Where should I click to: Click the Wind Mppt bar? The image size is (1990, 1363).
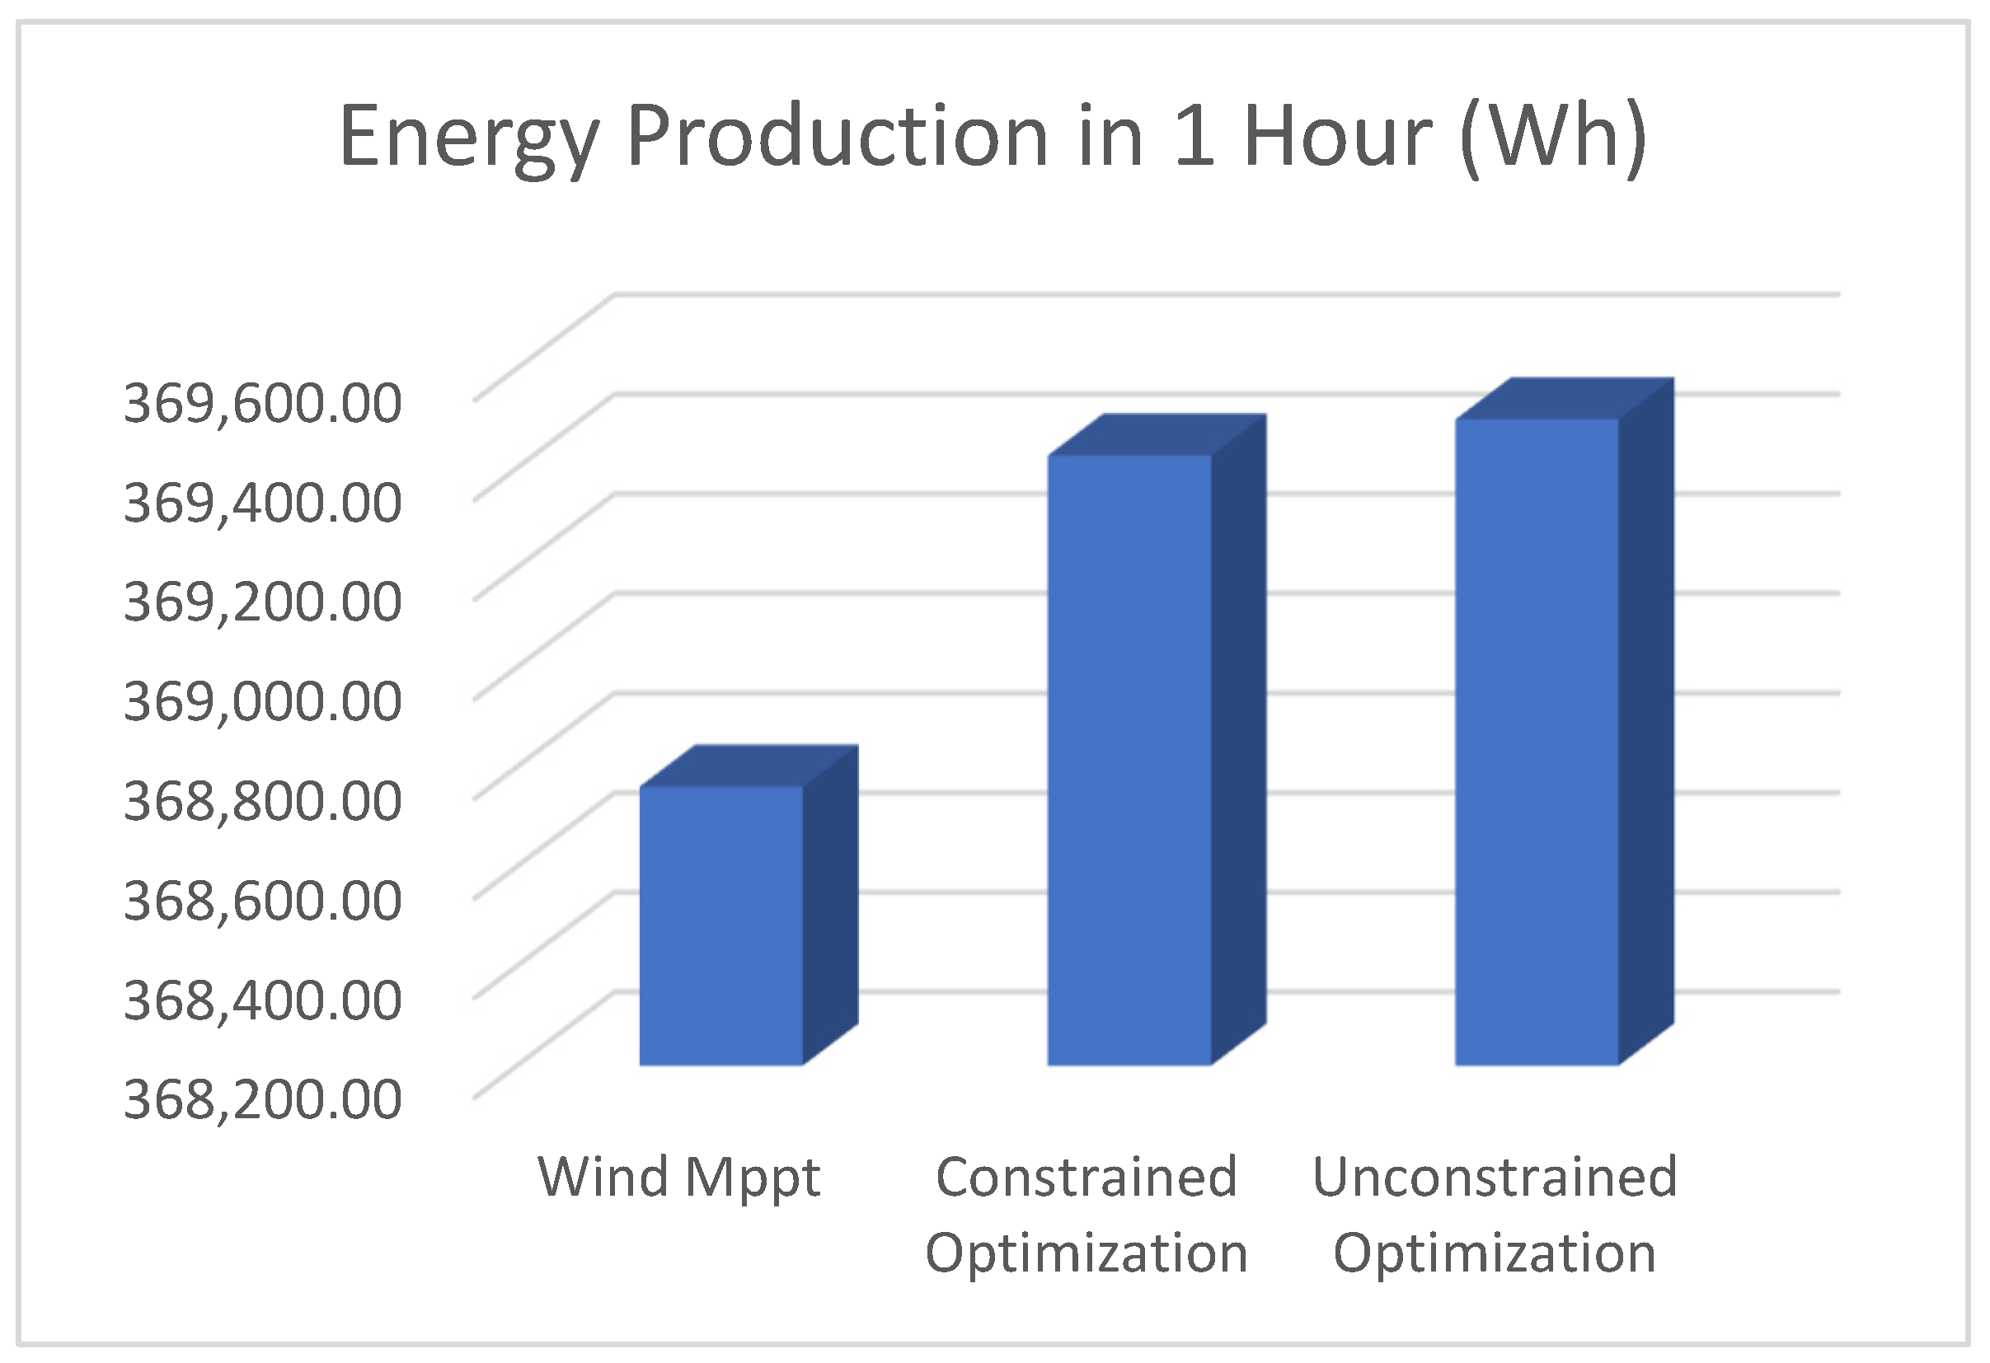click(x=721, y=925)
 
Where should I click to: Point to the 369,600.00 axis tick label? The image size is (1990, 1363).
click(x=262, y=402)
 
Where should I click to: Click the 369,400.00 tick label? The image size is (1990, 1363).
click(x=262, y=502)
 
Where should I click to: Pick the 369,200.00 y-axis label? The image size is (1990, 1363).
click(x=262, y=601)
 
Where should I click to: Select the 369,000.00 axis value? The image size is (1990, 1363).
click(x=262, y=700)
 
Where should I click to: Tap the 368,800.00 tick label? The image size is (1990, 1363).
click(x=262, y=800)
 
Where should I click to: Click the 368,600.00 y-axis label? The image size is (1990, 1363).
click(x=262, y=900)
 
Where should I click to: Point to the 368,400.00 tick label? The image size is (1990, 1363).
click(x=262, y=999)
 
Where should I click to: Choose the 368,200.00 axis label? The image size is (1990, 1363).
click(x=262, y=1098)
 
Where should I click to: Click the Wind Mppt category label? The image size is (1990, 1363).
click(x=678, y=1178)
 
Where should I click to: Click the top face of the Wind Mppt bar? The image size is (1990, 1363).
click(x=750, y=766)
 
